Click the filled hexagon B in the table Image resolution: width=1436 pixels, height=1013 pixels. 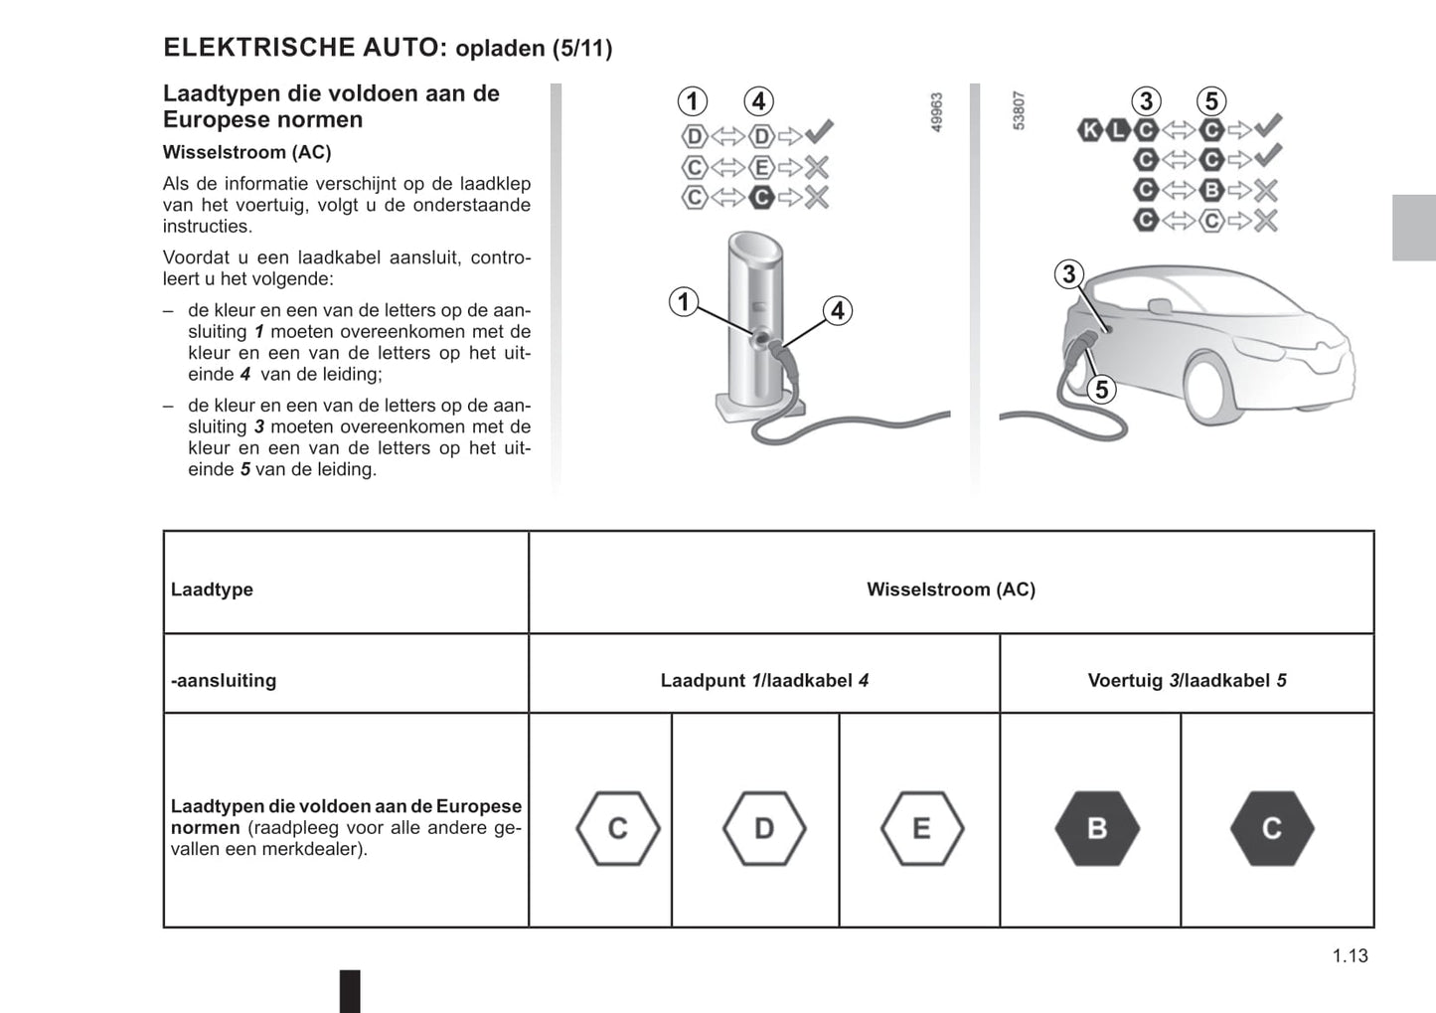(x=1096, y=828)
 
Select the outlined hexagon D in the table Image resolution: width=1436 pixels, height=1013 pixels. (x=763, y=828)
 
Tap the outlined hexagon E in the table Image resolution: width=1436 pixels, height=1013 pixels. (x=921, y=828)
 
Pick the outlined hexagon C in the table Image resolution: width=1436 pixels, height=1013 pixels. (x=617, y=828)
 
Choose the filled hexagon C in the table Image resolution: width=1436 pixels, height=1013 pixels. (x=1271, y=828)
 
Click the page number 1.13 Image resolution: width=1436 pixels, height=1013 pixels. (x=1350, y=955)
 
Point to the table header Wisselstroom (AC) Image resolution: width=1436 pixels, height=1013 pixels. (x=950, y=590)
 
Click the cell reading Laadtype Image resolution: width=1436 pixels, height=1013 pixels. (x=212, y=590)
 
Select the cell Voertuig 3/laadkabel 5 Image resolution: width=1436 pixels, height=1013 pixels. (x=1187, y=681)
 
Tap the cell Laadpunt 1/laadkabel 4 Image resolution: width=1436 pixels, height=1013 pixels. (x=764, y=681)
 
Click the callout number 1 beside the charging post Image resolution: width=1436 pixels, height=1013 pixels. (x=684, y=301)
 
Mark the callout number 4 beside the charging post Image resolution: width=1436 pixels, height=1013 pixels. (x=838, y=311)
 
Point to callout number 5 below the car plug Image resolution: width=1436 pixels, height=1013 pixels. (x=1101, y=390)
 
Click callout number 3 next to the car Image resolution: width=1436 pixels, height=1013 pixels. (x=1069, y=274)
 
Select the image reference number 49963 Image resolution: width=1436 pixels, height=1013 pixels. (x=936, y=112)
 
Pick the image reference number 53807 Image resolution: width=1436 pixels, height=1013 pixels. (x=1018, y=111)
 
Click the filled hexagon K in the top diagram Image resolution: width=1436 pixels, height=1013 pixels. (x=1090, y=129)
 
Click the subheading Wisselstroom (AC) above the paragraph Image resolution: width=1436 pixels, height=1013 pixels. (x=246, y=152)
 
